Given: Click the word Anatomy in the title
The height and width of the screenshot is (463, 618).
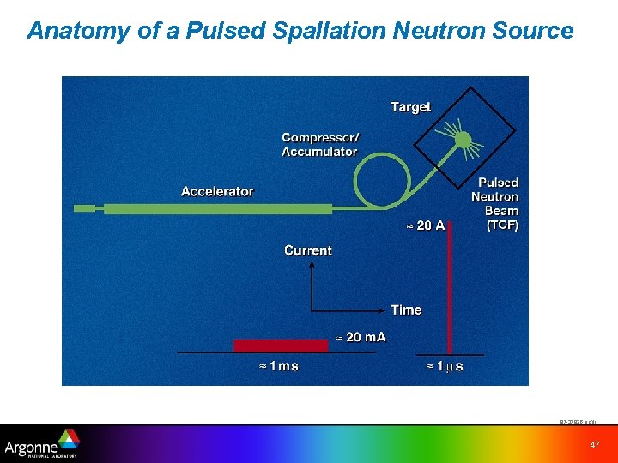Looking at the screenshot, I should (69, 31).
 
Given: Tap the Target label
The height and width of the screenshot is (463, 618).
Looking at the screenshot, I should (410, 107).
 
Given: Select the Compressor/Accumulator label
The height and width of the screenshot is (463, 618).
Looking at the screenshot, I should (320, 145).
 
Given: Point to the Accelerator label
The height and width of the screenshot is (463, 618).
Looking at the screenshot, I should (217, 191).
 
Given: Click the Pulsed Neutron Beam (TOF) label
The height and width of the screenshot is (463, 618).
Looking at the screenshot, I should (497, 204).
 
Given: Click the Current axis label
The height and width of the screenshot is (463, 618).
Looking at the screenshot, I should (307, 250).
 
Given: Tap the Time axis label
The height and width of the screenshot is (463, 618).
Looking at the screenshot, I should (406, 310).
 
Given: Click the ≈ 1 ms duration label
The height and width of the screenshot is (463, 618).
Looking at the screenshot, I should (279, 366).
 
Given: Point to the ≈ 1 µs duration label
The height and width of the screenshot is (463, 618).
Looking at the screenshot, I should (445, 366).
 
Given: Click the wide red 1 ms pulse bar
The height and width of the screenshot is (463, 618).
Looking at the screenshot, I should (281, 345).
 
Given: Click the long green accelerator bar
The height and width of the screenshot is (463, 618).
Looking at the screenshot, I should (215, 208).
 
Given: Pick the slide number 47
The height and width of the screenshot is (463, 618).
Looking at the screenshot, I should (594, 444).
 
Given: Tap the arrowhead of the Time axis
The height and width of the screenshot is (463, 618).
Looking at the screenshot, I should (385, 310).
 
